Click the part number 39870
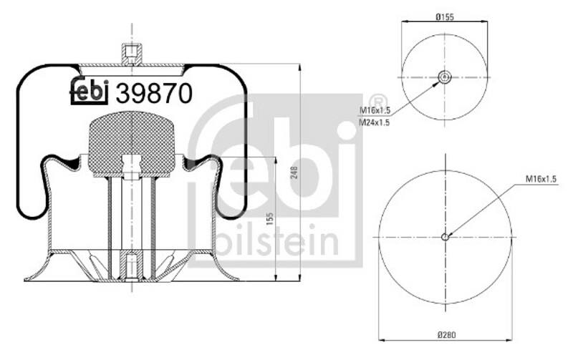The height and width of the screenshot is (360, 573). [154, 93]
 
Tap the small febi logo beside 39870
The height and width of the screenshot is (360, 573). [89, 92]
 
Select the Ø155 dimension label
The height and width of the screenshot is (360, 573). [444, 16]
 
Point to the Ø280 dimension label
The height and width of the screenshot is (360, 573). [446, 335]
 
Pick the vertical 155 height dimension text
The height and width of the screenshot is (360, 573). [270, 218]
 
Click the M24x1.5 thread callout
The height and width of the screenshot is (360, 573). [374, 122]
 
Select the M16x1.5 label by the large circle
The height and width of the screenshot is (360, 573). [541, 179]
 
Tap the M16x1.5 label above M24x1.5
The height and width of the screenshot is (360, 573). [375, 110]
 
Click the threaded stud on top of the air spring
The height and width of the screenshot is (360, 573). [131, 54]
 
